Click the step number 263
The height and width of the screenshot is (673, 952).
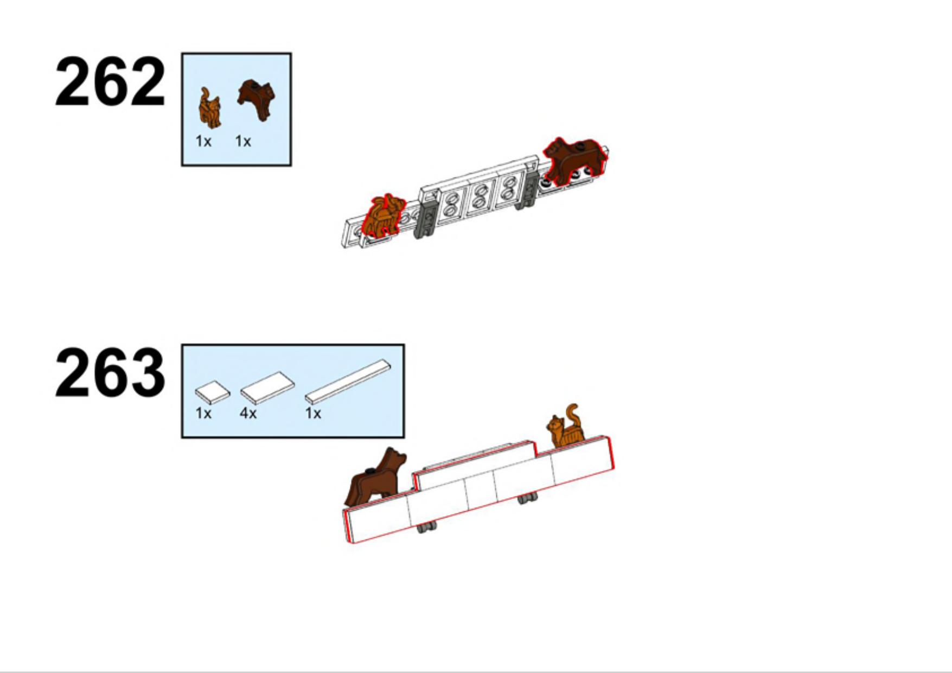coord(110,373)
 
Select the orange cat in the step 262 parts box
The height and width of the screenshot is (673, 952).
coord(209,108)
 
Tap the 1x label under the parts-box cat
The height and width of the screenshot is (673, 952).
coord(203,142)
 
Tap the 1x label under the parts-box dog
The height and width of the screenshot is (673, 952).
coord(243,142)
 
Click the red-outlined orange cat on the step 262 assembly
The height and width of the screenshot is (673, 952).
coord(384,215)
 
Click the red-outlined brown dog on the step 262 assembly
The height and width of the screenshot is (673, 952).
coord(576,160)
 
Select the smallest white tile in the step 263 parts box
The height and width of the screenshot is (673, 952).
coord(212,392)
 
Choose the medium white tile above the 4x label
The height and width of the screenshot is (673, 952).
coord(267,387)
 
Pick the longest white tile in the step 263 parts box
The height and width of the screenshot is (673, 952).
coord(347,382)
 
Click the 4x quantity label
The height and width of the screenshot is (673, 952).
coord(248,414)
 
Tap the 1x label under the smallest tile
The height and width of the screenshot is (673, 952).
coord(203,414)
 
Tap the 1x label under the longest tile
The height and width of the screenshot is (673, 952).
coord(313,414)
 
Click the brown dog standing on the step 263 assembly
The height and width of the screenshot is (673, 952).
coord(376,477)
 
